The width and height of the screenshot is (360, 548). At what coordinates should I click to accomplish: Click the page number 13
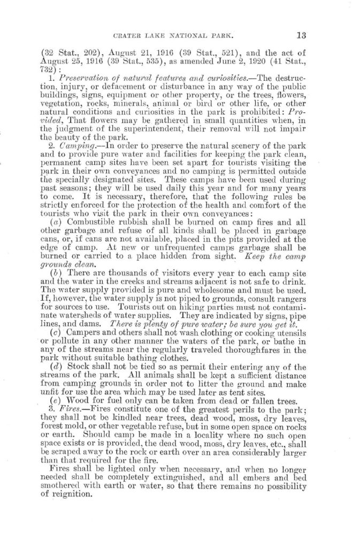(300, 36)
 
